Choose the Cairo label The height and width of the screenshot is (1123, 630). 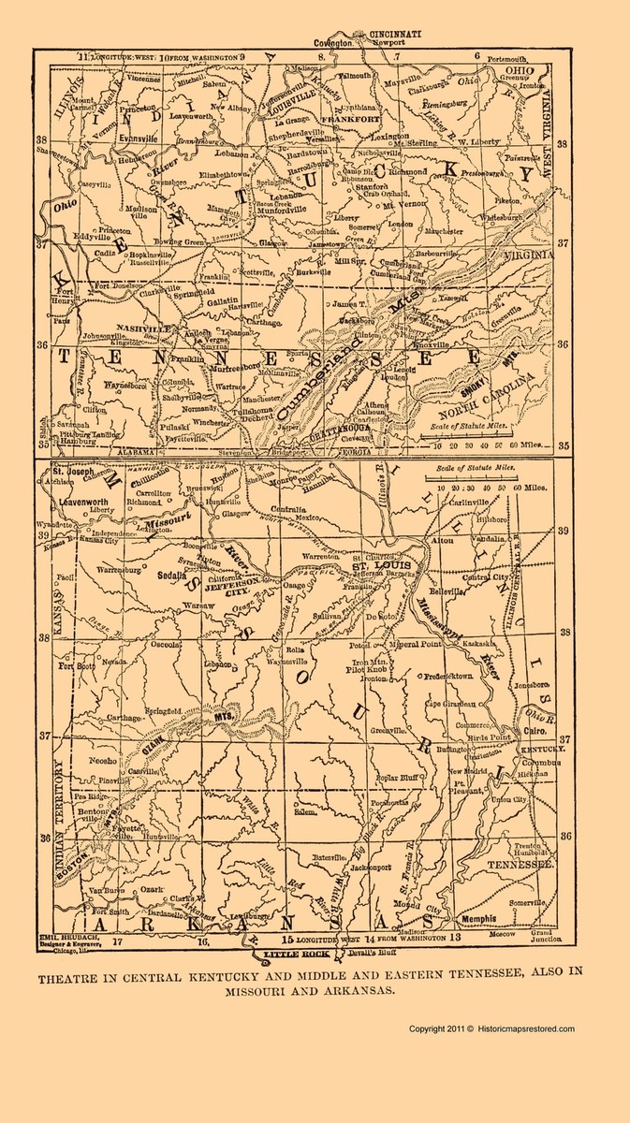click(x=535, y=729)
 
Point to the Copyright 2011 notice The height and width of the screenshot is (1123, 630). click(x=491, y=1028)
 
